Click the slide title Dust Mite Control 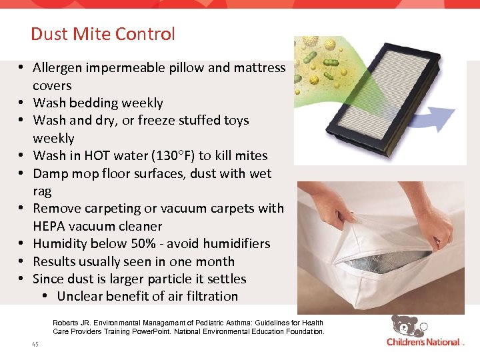tap(103, 34)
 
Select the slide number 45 tap(35, 344)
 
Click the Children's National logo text tap(423, 343)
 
